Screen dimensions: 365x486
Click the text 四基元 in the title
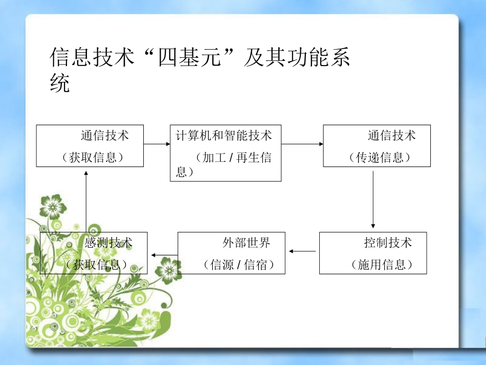point(192,58)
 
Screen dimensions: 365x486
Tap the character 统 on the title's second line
point(60,83)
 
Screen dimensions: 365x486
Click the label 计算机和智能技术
point(224,136)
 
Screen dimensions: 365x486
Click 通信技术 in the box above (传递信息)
point(391,136)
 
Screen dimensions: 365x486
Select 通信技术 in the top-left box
point(104,136)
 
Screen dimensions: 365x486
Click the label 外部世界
point(246,242)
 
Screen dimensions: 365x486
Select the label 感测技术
point(108,242)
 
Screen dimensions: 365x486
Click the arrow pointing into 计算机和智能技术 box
point(157,144)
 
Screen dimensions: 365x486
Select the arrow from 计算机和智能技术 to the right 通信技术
point(302,144)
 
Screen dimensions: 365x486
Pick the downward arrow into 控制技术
point(373,200)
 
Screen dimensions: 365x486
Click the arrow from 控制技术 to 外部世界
point(302,251)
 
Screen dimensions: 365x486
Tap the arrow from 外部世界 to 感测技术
point(163,254)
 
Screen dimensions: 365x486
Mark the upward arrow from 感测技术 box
point(86,200)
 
